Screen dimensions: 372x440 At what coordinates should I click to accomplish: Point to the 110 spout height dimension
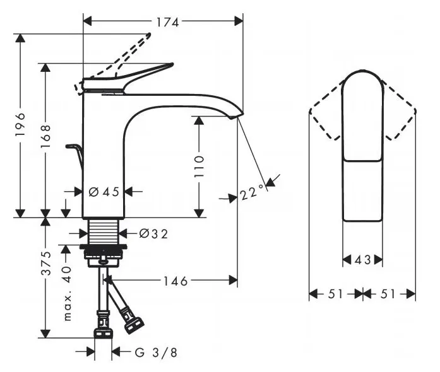[199, 167]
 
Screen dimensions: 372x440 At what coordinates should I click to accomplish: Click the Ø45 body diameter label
[104, 192]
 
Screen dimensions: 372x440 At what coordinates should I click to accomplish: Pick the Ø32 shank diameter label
[153, 234]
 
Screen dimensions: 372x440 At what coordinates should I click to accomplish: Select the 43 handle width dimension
[362, 259]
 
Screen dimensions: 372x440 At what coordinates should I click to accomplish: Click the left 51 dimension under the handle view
[336, 293]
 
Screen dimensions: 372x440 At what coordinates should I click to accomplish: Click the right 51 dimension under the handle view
[389, 293]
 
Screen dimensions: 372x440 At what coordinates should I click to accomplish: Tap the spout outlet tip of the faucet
[234, 115]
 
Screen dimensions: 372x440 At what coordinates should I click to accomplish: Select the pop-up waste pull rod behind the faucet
[75, 153]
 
